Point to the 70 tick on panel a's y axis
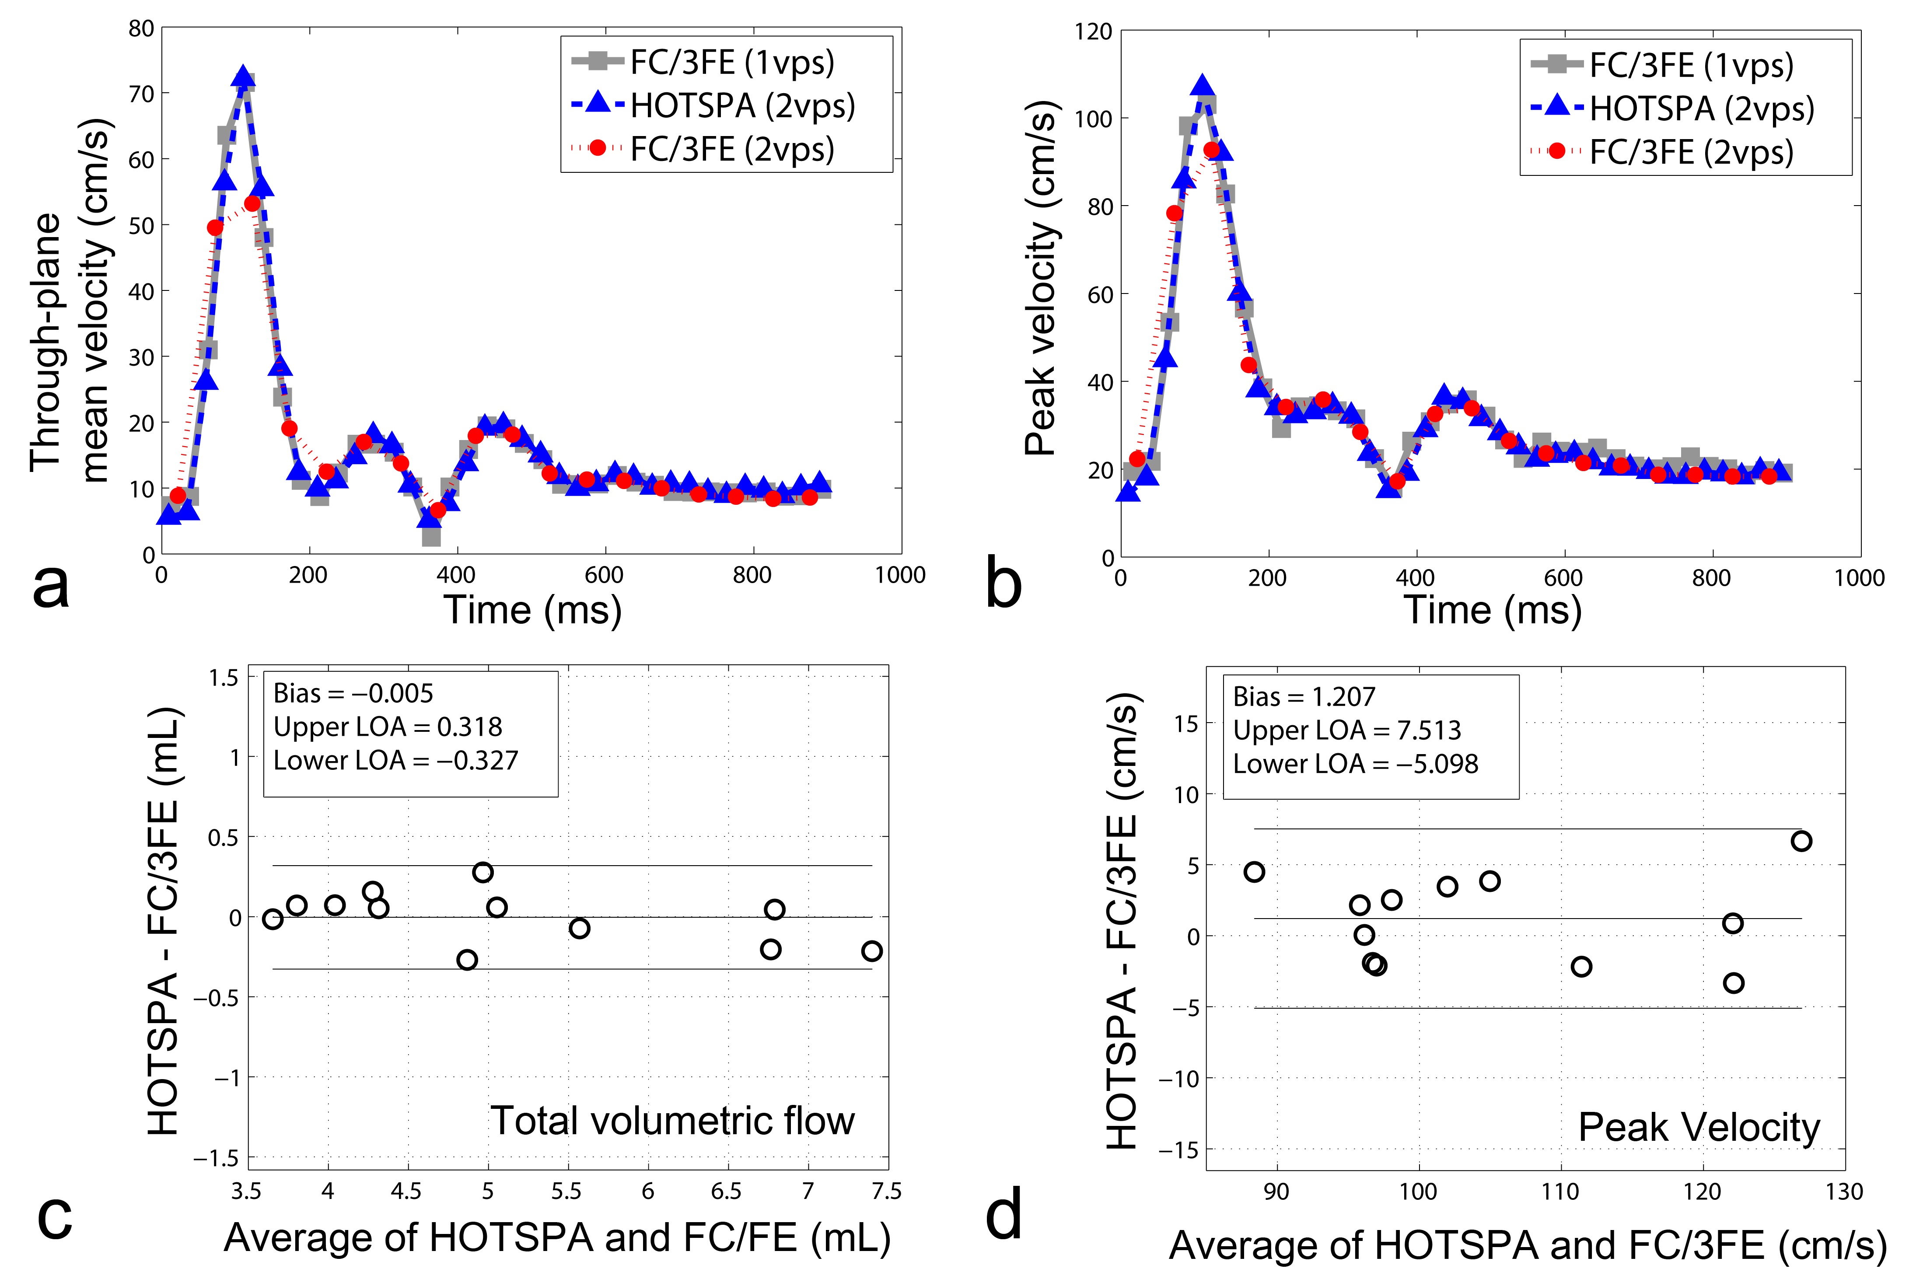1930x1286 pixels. point(141,94)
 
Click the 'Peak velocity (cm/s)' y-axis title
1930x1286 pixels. point(1041,279)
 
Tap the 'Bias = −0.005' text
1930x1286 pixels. point(353,694)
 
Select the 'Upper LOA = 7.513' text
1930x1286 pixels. point(1347,730)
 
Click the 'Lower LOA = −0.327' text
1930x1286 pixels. point(395,760)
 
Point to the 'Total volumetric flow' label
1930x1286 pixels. point(673,1120)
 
